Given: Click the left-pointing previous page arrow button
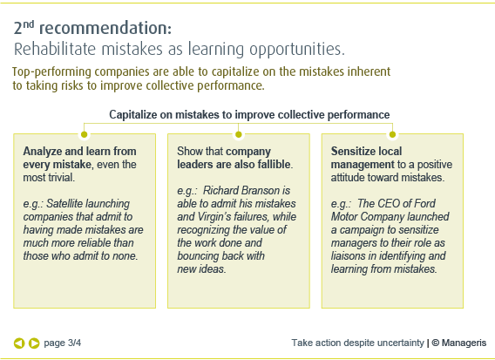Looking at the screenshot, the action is click(x=19, y=343).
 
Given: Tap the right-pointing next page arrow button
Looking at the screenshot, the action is click(x=34, y=343).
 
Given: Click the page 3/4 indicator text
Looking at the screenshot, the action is click(x=62, y=343).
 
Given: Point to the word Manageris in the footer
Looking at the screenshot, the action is click(x=464, y=343).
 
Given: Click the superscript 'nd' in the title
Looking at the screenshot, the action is click(x=29, y=24).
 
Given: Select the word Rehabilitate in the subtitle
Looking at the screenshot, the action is click(x=55, y=50).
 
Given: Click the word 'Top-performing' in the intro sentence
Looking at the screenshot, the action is click(x=51, y=72).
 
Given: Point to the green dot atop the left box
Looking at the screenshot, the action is click(x=84, y=134).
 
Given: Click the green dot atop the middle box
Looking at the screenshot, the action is click(x=238, y=134).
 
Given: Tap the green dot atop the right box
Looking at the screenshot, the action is click(x=392, y=134).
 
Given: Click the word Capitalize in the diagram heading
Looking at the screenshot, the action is click(x=133, y=115).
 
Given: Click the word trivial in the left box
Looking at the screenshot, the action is click(x=61, y=178).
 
